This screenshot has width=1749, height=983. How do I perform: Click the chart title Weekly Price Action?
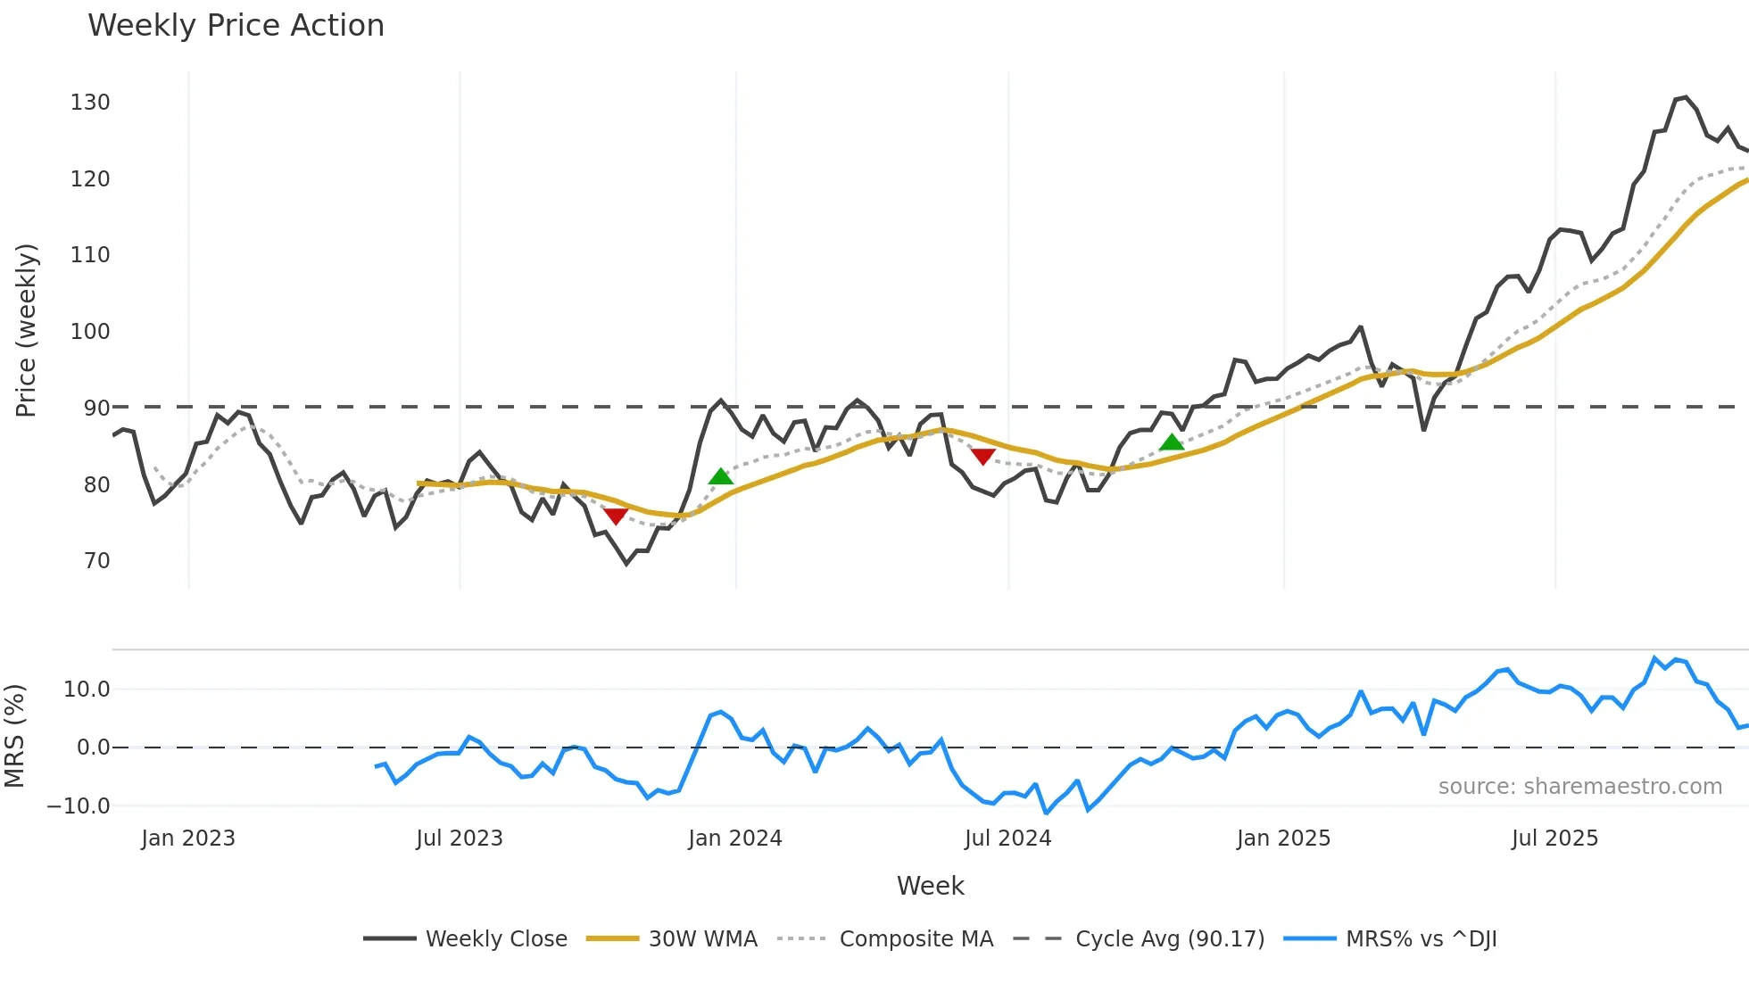[x=236, y=26]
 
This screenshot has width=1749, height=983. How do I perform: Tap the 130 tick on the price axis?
[x=90, y=103]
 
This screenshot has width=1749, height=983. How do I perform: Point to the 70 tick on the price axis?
[x=96, y=561]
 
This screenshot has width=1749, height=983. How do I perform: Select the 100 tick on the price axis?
[x=90, y=332]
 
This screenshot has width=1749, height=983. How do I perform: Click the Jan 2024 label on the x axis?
[x=735, y=838]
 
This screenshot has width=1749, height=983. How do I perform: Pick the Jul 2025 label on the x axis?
[x=1554, y=838]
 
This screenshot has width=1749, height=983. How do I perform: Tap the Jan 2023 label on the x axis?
[x=188, y=838]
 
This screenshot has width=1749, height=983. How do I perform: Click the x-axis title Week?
[x=930, y=886]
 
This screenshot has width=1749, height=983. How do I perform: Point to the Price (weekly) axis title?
[x=26, y=330]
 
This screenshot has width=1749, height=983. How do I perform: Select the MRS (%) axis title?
[x=14, y=736]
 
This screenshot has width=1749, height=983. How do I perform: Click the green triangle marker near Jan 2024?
[x=721, y=477]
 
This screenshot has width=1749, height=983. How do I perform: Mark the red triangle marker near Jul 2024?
[x=982, y=457]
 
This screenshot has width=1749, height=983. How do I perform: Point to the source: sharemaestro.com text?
[x=1579, y=787]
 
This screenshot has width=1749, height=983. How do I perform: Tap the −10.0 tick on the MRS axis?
[x=79, y=806]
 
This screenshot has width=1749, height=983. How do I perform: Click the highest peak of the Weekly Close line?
[x=1685, y=97]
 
